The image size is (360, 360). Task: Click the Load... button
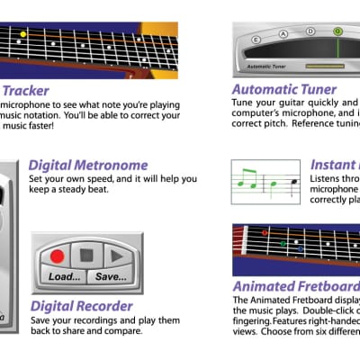[x=65, y=276]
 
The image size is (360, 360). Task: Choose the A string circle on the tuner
[x=283, y=33]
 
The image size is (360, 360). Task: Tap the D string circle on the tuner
[x=310, y=31]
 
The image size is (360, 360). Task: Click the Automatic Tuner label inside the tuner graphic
[x=265, y=67]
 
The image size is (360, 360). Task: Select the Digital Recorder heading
[x=82, y=306]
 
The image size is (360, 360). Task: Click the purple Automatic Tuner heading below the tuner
[x=284, y=90]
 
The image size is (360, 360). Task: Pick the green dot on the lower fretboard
[x=282, y=243]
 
